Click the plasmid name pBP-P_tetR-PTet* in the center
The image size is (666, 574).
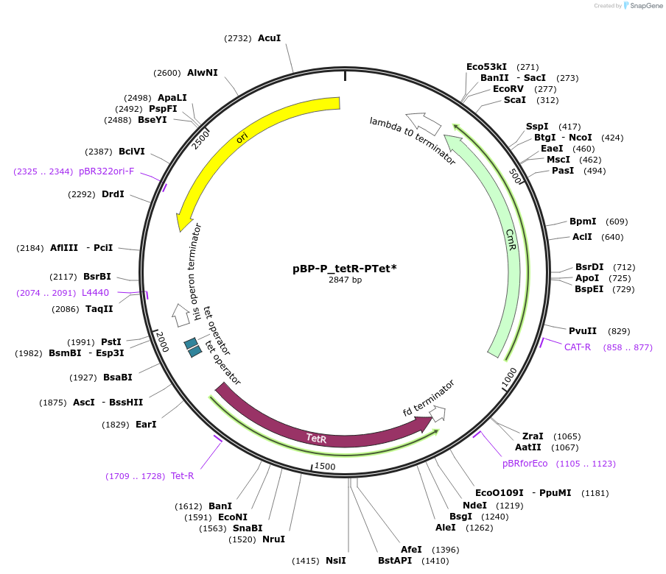click(x=344, y=269)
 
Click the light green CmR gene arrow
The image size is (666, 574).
click(x=508, y=235)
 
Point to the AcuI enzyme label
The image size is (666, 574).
click(x=269, y=38)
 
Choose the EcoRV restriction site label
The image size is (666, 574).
click(x=508, y=89)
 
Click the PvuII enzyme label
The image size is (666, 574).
click(x=583, y=331)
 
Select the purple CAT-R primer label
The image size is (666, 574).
click(x=578, y=347)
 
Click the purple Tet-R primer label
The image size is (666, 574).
click(x=182, y=476)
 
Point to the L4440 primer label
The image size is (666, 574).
click(x=95, y=292)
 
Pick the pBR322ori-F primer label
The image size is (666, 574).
click(x=106, y=171)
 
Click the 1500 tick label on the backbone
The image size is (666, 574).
click(x=325, y=467)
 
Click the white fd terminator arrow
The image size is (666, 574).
click(x=438, y=414)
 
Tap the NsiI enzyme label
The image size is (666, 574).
click(x=335, y=561)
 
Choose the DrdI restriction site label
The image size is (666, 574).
click(x=113, y=195)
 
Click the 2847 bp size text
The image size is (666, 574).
click(x=345, y=280)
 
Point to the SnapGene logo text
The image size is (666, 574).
click(x=646, y=6)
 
